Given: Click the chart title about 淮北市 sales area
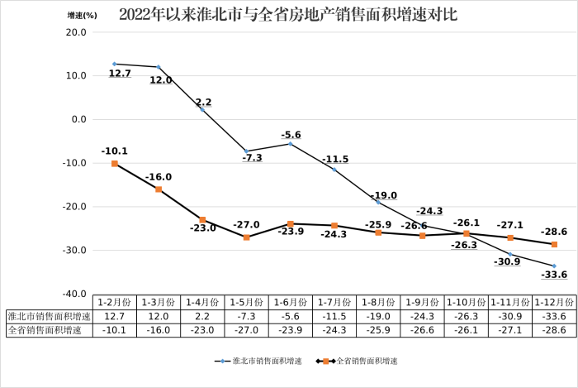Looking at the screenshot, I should click(x=288, y=14).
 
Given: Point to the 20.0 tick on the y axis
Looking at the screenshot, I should click(x=77, y=32).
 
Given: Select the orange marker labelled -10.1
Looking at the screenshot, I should click(x=115, y=164).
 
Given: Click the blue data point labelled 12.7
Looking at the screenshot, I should click(x=115, y=64).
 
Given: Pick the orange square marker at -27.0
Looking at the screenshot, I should click(x=246, y=237).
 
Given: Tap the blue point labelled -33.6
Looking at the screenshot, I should click(x=554, y=266).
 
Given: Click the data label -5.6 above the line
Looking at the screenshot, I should click(x=291, y=134).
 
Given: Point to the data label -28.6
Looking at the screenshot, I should click(x=554, y=232).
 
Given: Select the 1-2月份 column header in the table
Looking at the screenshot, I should click(x=114, y=302).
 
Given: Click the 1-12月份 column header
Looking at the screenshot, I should click(x=554, y=302).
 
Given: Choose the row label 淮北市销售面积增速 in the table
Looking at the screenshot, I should click(x=48, y=316).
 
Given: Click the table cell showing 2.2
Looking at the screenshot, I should click(x=202, y=316).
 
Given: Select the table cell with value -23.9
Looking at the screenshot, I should click(x=290, y=330).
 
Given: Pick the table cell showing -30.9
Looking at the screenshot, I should click(x=510, y=316).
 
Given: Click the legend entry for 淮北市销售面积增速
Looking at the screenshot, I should click(x=258, y=361).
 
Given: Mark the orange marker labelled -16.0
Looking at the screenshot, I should click(x=159, y=189).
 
